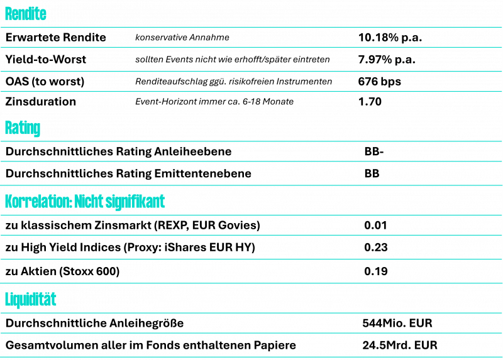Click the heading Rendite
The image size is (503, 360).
pyautogui.click(x=25, y=14)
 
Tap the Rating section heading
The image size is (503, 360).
pyautogui.click(x=22, y=128)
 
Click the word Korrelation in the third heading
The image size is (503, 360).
pyautogui.click(x=36, y=202)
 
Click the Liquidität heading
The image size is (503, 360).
pyautogui.click(x=30, y=300)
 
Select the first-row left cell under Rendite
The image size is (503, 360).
pyautogui.click(x=65, y=38)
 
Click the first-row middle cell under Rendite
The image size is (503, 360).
pyautogui.click(x=241, y=38)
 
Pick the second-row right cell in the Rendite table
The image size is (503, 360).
pyautogui.click(x=428, y=60)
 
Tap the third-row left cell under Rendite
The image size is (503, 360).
pyautogui.click(x=65, y=82)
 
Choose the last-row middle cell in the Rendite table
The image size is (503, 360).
pyautogui.click(x=241, y=101)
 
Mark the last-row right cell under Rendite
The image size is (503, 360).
pyautogui.click(x=428, y=101)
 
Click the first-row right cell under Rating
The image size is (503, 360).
pyautogui.click(x=431, y=151)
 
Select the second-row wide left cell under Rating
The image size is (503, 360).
pyautogui.click(x=180, y=173)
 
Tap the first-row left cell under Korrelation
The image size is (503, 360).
pyautogui.click(x=180, y=225)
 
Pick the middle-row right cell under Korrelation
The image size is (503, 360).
pyautogui.click(x=431, y=247)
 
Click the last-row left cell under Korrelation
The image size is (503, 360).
pyautogui.click(x=180, y=271)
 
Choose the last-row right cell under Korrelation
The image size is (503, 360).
pyautogui.click(x=431, y=271)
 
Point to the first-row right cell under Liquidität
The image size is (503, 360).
pyautogui.click(x=430, y=323)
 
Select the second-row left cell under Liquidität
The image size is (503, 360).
pyautogui.click(x=179, y=345)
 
